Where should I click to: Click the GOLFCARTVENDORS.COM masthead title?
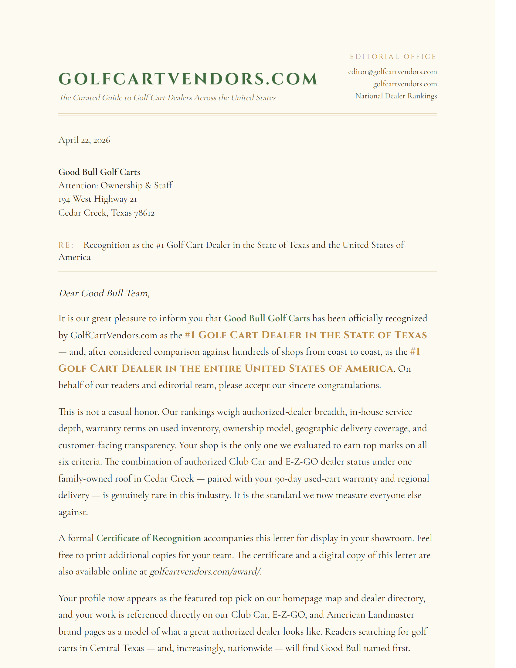[188, 79]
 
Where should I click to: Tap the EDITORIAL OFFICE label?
[393, 57]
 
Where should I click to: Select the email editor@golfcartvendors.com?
[392, 72]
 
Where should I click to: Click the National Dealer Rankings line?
[396, 96]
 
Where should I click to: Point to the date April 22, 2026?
[84, 140]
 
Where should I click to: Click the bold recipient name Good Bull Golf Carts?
[99, 172]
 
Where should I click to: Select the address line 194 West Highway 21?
[97, 199]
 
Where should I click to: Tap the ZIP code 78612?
[144, 213]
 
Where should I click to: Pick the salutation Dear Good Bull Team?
[104, 293]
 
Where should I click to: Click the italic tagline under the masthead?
[167, 98]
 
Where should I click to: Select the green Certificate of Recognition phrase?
[148, 538]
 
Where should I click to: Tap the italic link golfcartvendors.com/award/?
[205, 571]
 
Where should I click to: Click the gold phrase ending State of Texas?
[306, 335]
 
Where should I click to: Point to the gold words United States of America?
[319, 369]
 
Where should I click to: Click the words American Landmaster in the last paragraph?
[370, 615]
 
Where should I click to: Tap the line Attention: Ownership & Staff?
[115, 185]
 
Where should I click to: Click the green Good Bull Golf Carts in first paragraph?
[267, 319]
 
